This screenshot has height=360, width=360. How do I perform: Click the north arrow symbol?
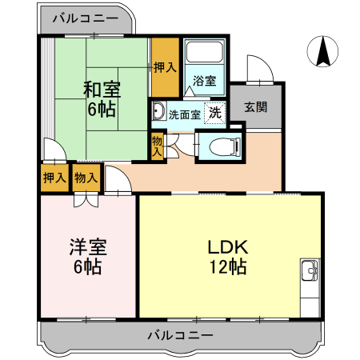pyautogui.click(x=323, y=53)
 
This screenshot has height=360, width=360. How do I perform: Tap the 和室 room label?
pyautogui.click(x=101, y=90)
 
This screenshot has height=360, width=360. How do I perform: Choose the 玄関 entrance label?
pyautogui.click(x=256, y=106)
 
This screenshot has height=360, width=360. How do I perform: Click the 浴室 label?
pyautogui.click(x=205, y=81)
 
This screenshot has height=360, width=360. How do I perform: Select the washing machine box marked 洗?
pyautogui.click(x=214, y=113)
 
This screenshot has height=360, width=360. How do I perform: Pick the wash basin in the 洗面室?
pyautogui.click(x=158, y=111)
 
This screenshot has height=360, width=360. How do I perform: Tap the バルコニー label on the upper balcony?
pyautogui.click(x=85, y=18)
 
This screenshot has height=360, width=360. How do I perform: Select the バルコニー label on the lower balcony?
pyautogui.click(x=181, y=335)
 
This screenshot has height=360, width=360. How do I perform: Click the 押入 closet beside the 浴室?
pyautogui.click(x=164, y=69)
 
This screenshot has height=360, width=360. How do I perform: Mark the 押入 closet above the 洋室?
pyautogui.click(x=54, y=177)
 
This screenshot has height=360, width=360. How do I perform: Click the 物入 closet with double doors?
pyautogui.click(x=86, y=177)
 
